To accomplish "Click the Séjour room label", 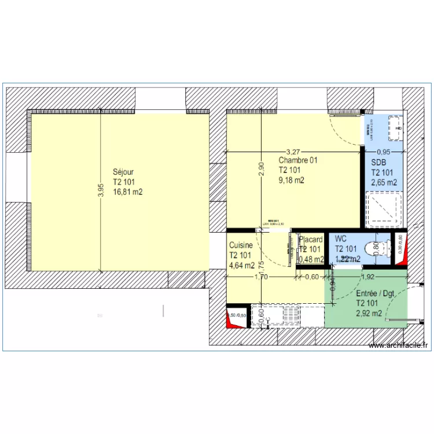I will pos(123,172).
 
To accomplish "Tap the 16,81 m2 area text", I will pos(128,192).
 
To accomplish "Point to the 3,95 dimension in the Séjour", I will pos(100,190).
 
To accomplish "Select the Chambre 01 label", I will pos(299,160).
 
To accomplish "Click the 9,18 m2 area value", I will pos(291,180).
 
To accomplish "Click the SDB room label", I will pos(378,162).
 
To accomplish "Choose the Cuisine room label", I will pos(241,245).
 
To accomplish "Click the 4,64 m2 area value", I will pos(241,266).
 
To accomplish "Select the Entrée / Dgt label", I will pos(375,293).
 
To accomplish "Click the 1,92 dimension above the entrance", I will pos(369,277).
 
